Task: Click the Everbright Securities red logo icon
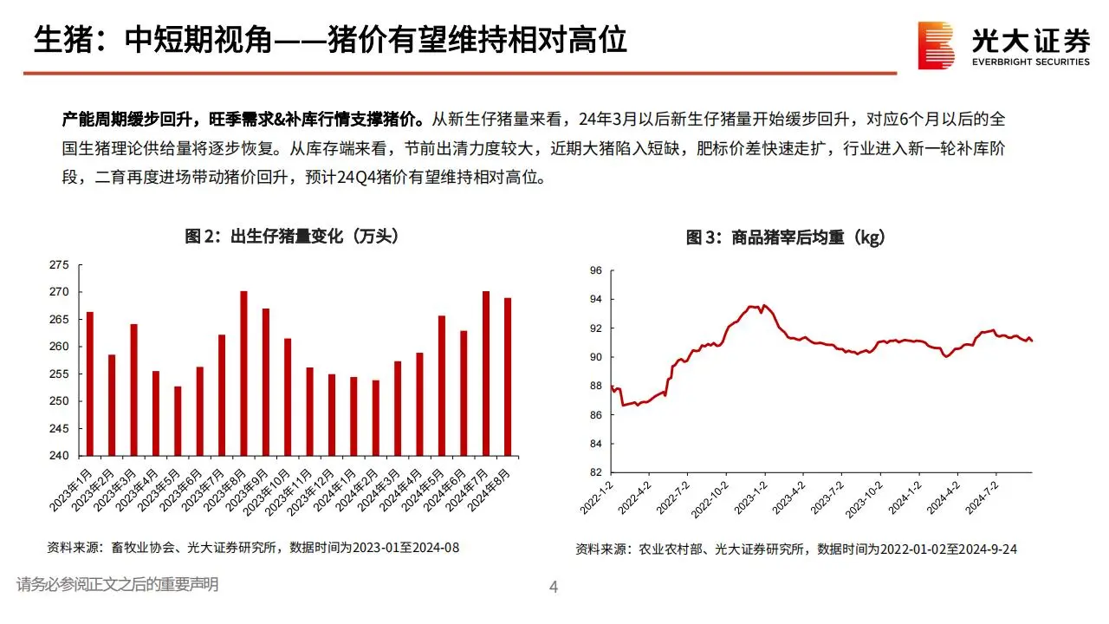[937, 45]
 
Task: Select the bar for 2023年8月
[243, 374]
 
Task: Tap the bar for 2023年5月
[178, 421]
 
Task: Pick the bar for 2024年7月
[486, 374]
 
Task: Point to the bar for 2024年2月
[375, 418]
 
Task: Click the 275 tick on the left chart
[58, 265]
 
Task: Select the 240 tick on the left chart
[58, 456]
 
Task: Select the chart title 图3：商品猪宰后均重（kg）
[786, 237]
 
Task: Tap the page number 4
[554, 588]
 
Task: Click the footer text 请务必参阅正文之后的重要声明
[117, 585]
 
